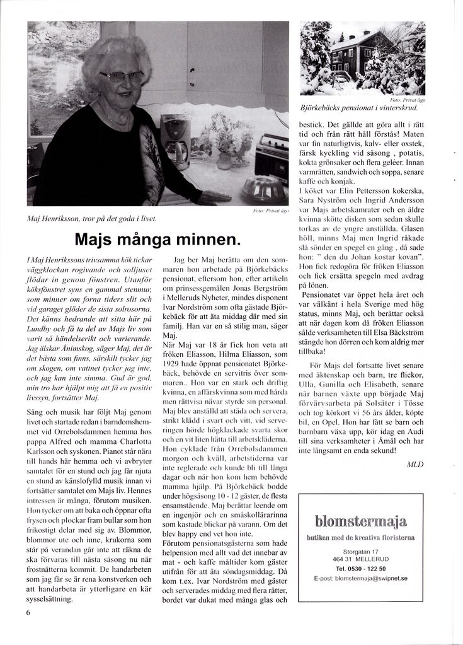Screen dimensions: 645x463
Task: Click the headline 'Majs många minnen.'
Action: tap(157, 240)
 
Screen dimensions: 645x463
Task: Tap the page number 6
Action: tap(28, 612)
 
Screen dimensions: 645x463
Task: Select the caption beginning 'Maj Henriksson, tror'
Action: tap(92, 219)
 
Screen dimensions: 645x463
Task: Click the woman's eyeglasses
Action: tap(122, 76)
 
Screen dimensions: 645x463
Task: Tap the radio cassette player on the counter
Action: tap(272, 157)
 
